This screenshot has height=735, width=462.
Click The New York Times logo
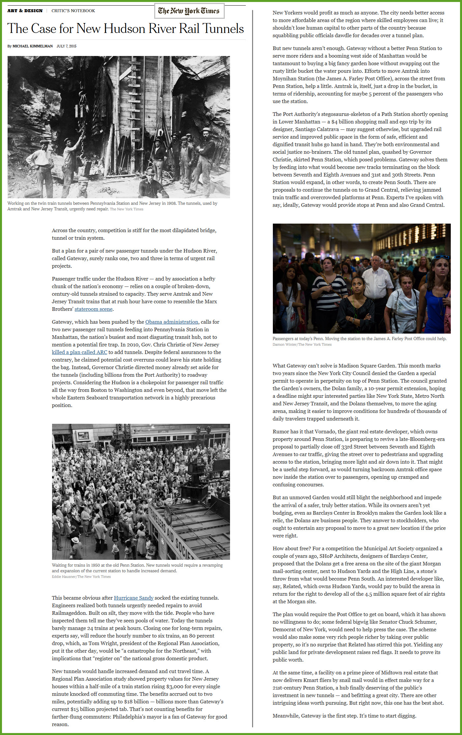189,11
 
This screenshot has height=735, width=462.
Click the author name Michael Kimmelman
32,46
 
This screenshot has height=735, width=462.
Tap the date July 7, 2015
66,46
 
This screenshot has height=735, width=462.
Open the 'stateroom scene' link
94,309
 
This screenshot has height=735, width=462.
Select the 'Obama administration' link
172,322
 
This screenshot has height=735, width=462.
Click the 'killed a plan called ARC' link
79,352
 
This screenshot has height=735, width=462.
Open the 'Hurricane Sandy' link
133,598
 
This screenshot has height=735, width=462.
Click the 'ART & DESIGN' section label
25,11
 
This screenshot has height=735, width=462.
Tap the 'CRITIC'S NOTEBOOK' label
73,11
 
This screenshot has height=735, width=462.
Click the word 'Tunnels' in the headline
223,29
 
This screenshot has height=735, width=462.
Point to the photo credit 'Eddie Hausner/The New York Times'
81,577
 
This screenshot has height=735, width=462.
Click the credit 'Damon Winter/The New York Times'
302,344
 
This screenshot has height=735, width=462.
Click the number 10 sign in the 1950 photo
199,460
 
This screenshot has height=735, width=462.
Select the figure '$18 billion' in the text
136,701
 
